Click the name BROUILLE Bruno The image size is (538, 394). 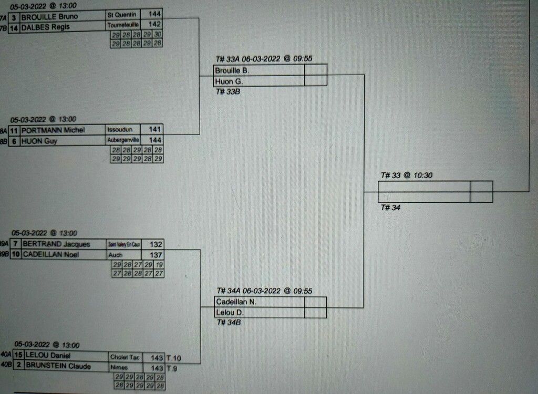(x=49, y=16)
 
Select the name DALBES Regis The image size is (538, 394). (x=45, y=27)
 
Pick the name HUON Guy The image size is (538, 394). (x=39, y=141)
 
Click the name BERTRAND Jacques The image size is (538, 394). (x=56, y=244)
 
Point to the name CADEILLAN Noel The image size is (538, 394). (x=50, y=255)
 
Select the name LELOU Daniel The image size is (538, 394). (x=48, y=356)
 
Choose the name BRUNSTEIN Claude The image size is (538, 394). (x=58, y=366)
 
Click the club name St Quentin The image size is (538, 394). (x=121, y=15)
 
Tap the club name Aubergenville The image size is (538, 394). (x=123, y=140)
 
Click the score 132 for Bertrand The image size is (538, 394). (x=156, y=244)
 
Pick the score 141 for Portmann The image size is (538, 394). (x=155, y=129)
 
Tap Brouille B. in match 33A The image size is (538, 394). (x=232, y=70)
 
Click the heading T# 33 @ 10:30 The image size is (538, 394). (x=406, y=175)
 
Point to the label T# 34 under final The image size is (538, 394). (x=390, y=208)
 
